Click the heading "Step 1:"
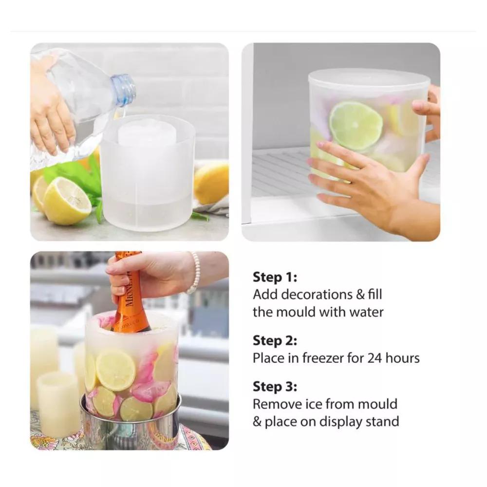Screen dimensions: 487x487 coord(275,277)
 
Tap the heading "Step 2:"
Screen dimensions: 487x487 coord(275,341)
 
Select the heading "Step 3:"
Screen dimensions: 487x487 coord(275,387)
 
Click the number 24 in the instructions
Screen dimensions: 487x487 coord(375,358)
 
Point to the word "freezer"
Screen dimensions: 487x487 coord(322,358)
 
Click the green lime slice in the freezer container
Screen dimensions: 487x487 coord(356,126)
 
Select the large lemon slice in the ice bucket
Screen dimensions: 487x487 coord(115,370)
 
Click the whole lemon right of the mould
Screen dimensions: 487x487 coord(211,184)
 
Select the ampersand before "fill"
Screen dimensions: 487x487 coord(360,295)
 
